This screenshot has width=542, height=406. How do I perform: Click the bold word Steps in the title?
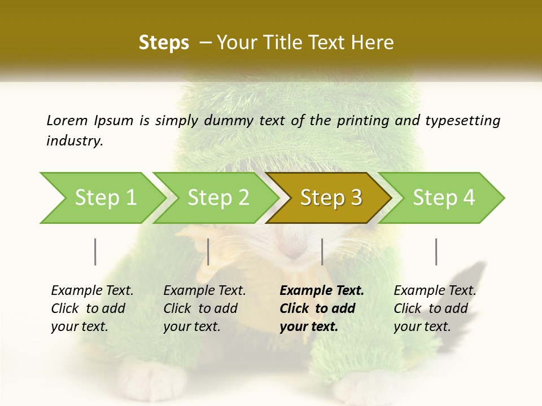pyautogui.click(x=164, y=43)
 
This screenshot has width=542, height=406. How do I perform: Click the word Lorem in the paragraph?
pyautogui.click(x=67, y=120)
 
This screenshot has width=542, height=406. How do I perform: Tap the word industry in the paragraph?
pyautogui.click(x=75, y=140)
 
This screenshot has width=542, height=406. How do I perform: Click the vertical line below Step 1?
pyautogui.click(x=95, y=251)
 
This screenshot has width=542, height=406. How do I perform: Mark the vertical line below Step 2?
pyautogui.click(x=208, y=251)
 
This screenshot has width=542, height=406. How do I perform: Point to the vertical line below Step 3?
pyautogui.click(x=322, y=251)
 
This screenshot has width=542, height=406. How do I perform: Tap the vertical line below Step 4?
pyautogui.click(x=436, y=251)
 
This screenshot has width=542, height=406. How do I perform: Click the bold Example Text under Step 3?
pyautogui.click(x=322, y=291)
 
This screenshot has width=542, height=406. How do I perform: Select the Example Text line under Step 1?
pyautogui.click(x=92, y=291)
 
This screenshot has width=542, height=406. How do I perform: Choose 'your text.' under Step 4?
pyautogui.click(x=422, y=326)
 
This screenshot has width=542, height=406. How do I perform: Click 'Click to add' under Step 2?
pyautogui.click(x=200, y=308)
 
